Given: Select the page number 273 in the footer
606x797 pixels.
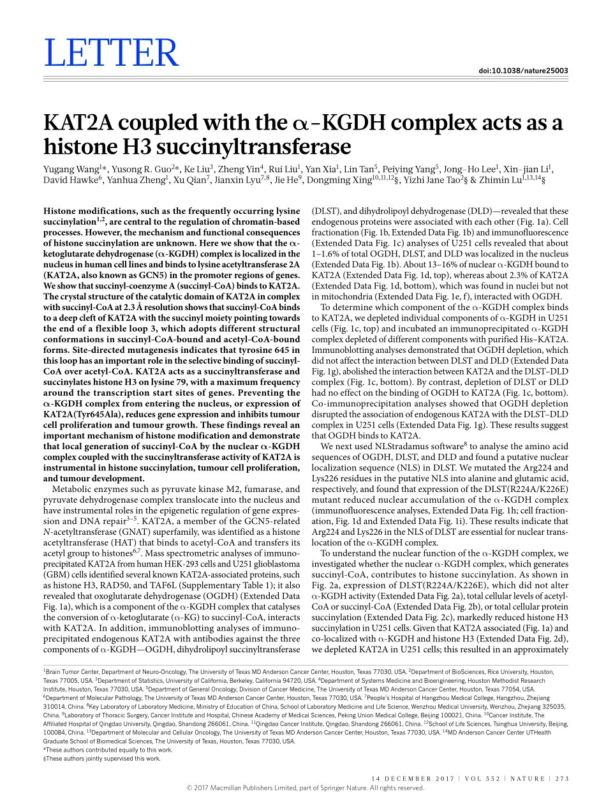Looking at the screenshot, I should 561,778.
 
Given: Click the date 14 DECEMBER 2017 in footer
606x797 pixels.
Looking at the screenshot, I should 412,778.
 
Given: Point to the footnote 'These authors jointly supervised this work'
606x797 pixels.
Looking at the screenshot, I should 102,758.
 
